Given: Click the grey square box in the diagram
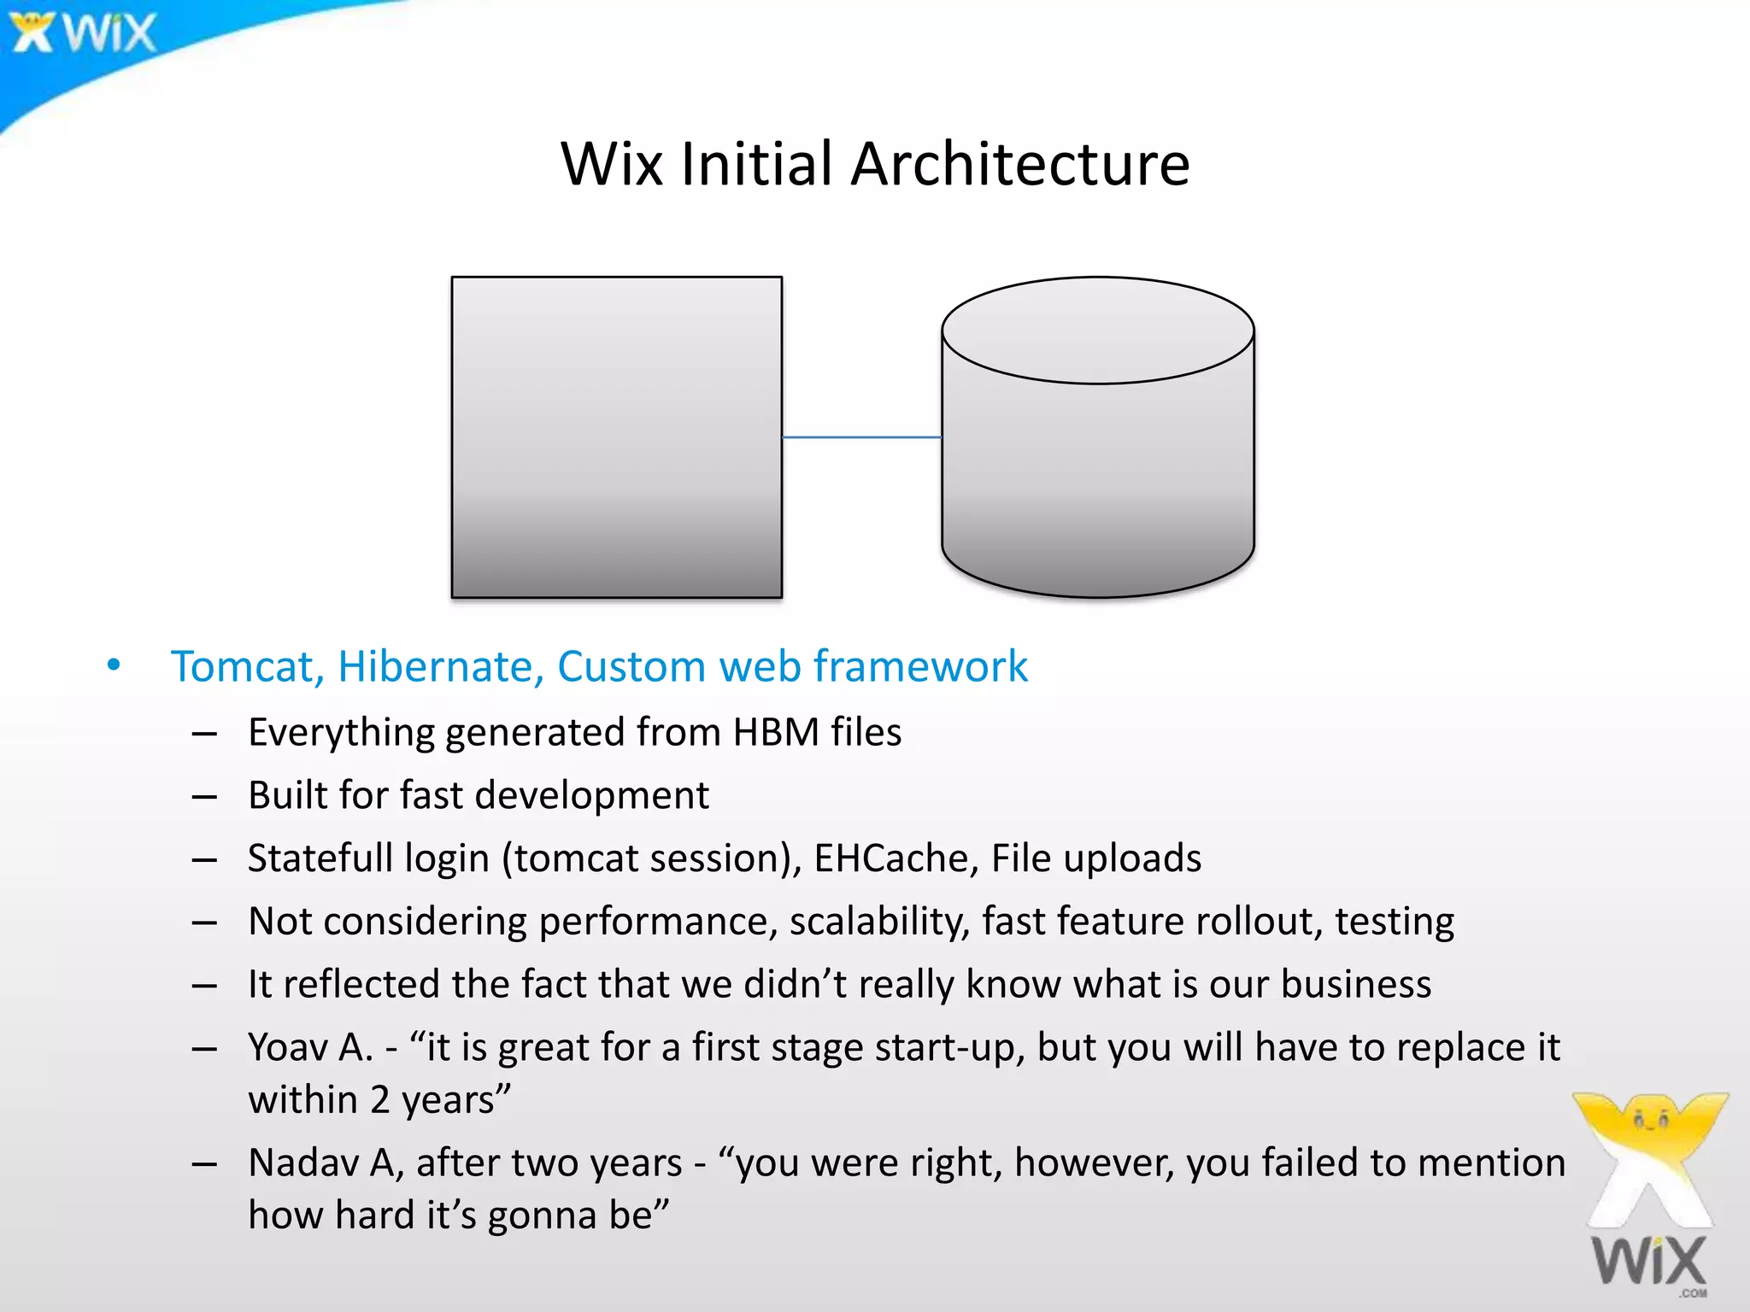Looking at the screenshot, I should tap(616, 436).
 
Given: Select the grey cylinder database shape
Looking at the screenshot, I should tap(1097, 453).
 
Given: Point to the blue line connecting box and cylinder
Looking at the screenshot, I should tap(861, 437).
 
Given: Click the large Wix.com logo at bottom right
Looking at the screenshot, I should tap(1649, 1196).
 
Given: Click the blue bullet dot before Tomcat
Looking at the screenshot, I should tap(114, 665).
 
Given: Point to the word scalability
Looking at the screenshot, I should tap(879, 922).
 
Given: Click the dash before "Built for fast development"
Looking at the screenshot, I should tap(204, 796).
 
